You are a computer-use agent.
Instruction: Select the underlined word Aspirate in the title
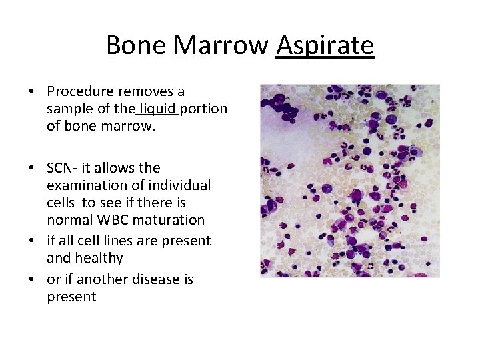click(325, 46)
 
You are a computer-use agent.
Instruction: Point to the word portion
click(203, 109)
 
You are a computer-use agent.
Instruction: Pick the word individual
click(178, 185)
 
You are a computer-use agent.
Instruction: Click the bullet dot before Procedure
click(31, 92)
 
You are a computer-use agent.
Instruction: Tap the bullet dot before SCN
click(31, 169)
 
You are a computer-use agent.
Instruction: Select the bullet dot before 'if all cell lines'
click(31, 241)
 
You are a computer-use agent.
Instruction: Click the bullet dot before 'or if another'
click(31, 280)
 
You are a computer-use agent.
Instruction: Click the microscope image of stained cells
click(349, 181)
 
